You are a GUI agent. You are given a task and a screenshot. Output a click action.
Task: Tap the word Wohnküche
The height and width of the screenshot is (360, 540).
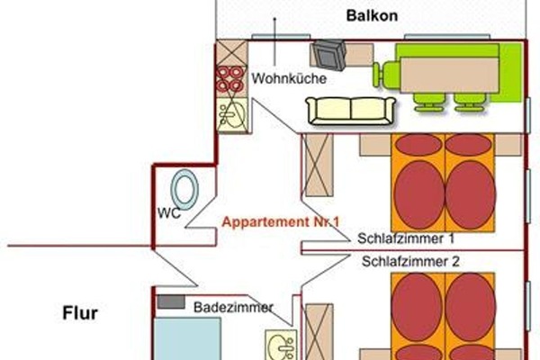click(x=288, y=78)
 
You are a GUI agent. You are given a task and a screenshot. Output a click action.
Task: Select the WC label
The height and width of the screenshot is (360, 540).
click(x=168, y=214)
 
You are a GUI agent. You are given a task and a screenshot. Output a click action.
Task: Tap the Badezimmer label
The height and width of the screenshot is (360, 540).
click(x=233, y=307)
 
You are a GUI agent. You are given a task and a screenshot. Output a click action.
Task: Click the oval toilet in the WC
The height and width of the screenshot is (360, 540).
click(x=186, y=190)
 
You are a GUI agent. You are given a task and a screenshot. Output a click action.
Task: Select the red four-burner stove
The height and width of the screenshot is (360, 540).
click(x=230, y=79)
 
